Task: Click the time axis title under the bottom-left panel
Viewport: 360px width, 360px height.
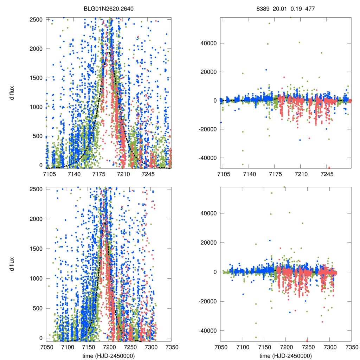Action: point(108,356)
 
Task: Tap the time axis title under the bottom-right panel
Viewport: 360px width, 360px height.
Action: point(285,356)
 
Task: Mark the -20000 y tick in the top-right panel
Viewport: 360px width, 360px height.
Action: point(207,129)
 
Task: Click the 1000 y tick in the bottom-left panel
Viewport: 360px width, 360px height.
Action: point(36,278)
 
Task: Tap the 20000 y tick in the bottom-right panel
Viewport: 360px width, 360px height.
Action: point(208,243)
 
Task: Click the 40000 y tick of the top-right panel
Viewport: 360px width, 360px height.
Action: point(208,43)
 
